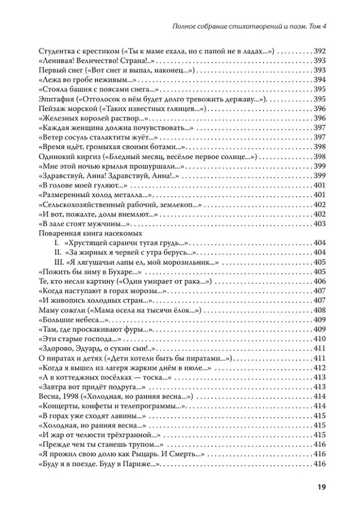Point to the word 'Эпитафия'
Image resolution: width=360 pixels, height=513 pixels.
tap(54, 98)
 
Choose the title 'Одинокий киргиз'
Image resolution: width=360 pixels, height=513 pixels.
tap(64, 156)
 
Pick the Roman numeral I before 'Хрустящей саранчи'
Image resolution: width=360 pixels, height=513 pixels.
tap(57, 242)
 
